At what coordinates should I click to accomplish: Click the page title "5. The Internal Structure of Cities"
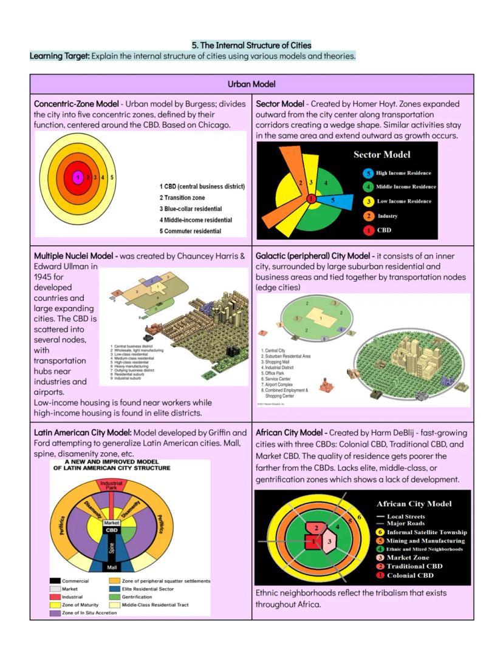251,45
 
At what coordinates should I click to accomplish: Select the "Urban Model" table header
251,84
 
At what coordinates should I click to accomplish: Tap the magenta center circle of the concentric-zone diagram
78,177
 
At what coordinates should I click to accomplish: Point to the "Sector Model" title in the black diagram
382,154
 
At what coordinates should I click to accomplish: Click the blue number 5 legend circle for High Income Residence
368,173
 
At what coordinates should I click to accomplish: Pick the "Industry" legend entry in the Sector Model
387,216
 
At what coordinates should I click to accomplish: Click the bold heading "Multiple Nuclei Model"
75,256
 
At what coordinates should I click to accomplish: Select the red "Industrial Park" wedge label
111,485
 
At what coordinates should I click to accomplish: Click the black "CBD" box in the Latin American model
112,530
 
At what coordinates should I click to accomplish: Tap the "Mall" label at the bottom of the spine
112,567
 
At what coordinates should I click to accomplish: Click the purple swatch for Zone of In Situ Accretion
55,613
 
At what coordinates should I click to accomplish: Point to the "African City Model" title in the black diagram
414,504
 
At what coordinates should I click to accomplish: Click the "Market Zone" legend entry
408,557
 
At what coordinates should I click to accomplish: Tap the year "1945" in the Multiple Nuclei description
44,276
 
